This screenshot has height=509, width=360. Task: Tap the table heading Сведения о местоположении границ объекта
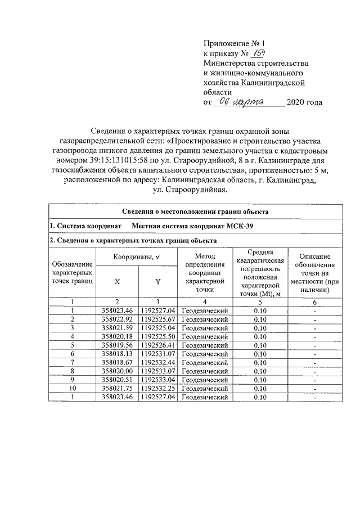195,212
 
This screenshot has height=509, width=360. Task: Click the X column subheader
117,281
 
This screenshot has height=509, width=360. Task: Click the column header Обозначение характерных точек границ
73,273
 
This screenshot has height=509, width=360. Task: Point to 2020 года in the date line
304,102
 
